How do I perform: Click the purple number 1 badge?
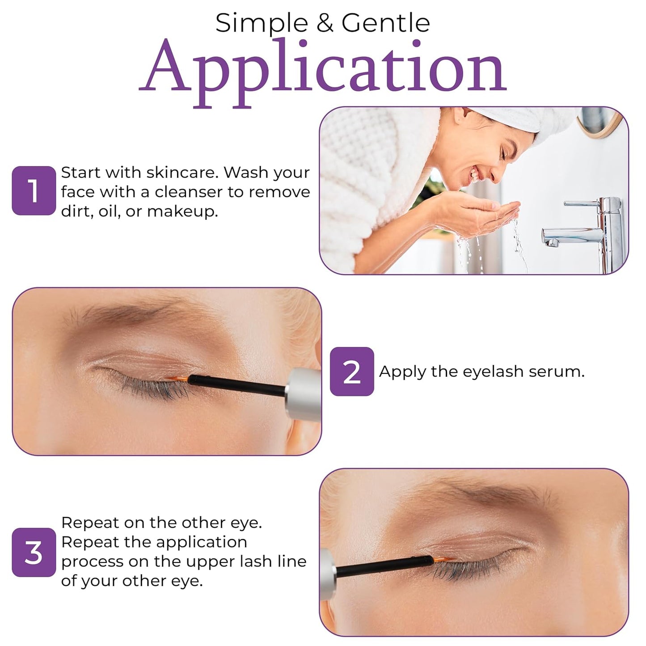[x=34, y=191]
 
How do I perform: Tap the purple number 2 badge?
[x=352, y=372]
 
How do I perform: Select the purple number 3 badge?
[x=34, y=553]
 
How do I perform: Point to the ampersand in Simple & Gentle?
[x=325, y=23]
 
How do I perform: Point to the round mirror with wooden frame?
[x=599, y=118]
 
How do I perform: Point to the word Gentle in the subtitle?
[x=385, y=23]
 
